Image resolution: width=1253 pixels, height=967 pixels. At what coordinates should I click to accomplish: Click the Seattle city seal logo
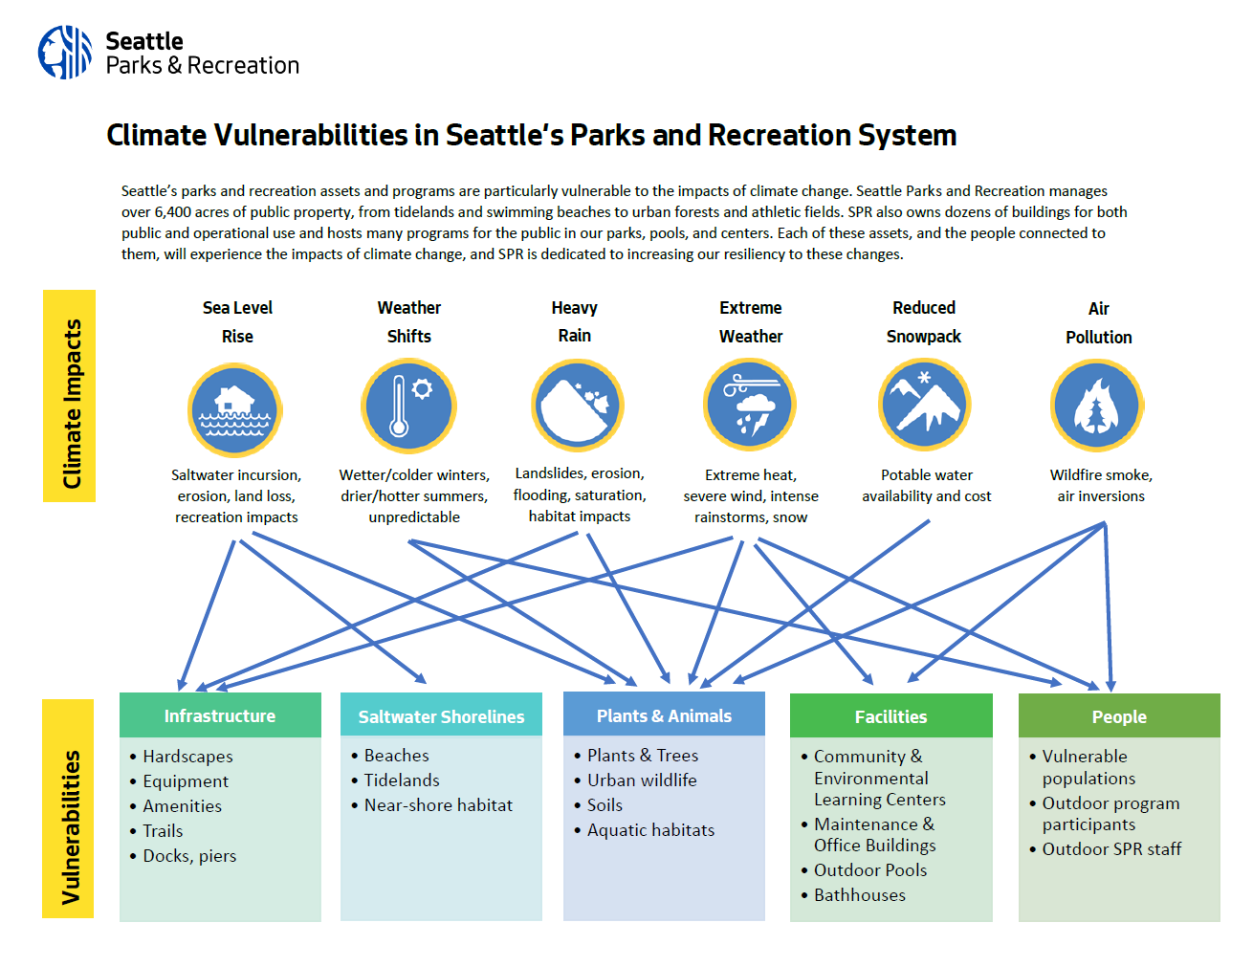[65, 53]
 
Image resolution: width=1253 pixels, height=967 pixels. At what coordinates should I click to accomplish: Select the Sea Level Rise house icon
[234, 409]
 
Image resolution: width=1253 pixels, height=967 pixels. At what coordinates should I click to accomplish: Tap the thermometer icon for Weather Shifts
[408, 406]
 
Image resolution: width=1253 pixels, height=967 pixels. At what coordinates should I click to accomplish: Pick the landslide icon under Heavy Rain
[578, 406]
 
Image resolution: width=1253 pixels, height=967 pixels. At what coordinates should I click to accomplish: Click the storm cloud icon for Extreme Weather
[750, 405]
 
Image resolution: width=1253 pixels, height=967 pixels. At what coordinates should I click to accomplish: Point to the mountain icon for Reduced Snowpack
[924, 405]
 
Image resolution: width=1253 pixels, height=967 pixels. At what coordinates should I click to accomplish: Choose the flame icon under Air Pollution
[1097, 406]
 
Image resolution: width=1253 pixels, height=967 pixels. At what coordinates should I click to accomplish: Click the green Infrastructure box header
[220, 715]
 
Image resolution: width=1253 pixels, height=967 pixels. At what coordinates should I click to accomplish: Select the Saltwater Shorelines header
[441, 716]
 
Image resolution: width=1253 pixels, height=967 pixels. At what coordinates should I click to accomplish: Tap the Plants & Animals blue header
[664, 715]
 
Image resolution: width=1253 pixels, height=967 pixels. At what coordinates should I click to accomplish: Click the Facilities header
[890, 716]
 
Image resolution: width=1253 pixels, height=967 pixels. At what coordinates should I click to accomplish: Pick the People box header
[1119, 716]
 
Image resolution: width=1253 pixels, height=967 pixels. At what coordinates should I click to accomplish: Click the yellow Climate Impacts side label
[70, 396]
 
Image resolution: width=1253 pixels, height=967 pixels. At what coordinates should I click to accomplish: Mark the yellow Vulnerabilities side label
[69, 808]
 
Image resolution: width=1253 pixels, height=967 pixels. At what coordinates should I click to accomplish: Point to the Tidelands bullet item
[402, 780]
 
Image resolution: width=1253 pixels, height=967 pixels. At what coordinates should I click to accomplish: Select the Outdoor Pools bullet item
[870, 870]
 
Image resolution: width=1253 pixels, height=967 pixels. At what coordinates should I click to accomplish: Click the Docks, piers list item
[189, 856]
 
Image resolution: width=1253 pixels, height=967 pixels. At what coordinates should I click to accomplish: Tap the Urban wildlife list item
[642, 780]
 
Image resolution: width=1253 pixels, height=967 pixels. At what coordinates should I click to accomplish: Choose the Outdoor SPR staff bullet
[1111, 849]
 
